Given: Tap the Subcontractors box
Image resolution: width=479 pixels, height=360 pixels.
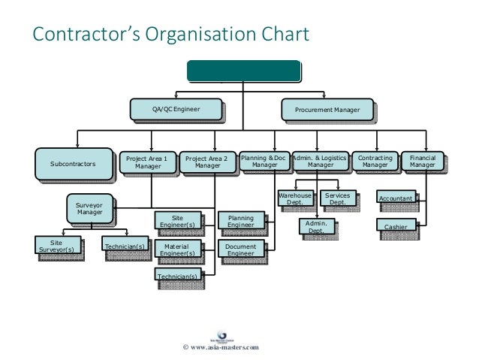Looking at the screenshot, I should pyautogui.click(x=73, y=162).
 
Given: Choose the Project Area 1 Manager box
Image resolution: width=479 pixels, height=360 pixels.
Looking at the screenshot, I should pyautogui.click(x=147, y=162).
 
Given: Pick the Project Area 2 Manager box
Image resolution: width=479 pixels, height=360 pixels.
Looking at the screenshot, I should pyautogui.click(x=208, y=162).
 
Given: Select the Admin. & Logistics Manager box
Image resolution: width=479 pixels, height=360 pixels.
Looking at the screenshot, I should pyautogui.click(x=319, y=161).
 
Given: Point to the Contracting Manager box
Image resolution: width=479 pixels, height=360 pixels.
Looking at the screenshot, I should pyautogui.click(x=375, y=161).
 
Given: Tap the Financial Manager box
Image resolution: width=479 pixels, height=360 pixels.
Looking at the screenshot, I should pyautogui.click(x=423, y=161).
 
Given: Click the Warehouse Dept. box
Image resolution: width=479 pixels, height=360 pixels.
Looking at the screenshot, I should pyautogui.click(x=294, y=198).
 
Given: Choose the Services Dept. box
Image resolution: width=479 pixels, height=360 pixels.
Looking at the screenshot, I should pyautogui.click(x=338, y=198).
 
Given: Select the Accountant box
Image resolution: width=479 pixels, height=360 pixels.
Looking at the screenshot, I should pyautogui.click(x=396, y=198).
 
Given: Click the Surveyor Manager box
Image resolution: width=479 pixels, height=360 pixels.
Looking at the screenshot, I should pyautogui.click(x=89, y=208).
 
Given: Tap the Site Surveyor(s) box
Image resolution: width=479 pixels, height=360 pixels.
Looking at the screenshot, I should pyautogui.click(x=56, y=247).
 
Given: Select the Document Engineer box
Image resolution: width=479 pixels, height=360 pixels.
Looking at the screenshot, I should pyautogui.click(x=240, y=250).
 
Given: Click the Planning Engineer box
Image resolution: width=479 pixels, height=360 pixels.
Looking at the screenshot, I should pyautogui.click(x=240, y=221).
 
